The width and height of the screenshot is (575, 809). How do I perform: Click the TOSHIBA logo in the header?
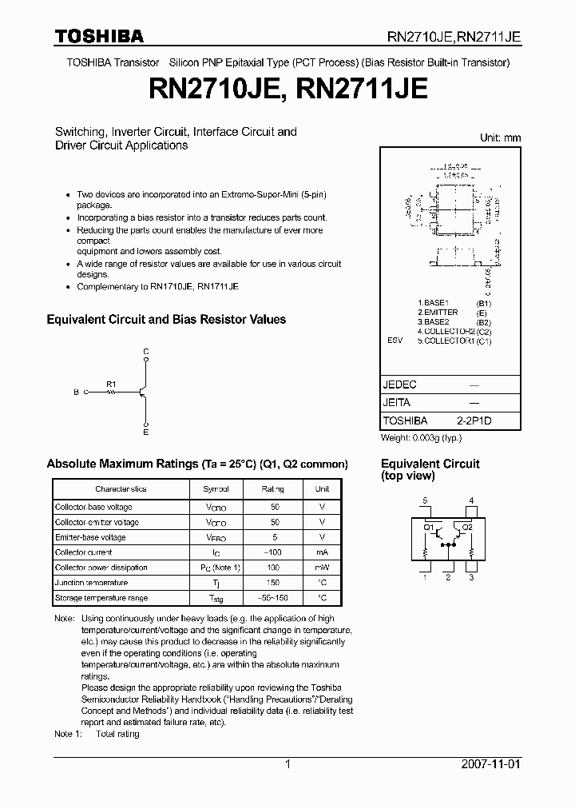[x=99, y=35]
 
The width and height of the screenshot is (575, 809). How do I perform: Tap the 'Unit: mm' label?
[x=500, y=137]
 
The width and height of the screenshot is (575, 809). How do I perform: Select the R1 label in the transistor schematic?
[x=111, y=383]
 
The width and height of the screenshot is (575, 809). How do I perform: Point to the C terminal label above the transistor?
[x=145, y=352]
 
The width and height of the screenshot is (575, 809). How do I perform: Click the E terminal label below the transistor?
[x=145, y=432]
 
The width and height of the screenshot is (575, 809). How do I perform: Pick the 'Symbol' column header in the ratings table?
[x=216, y=488]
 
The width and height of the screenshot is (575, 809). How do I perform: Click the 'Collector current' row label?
[x=84, y=552]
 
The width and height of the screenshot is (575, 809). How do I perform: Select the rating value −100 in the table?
[x=273, y=552]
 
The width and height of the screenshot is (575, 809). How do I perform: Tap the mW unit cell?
[x=322, y=568]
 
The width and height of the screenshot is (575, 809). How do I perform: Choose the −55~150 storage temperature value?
[x=273, y=598]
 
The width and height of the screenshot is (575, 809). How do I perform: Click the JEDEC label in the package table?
[x=400, y=385]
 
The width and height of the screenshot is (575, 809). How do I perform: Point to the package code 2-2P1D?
[x=474, y=420]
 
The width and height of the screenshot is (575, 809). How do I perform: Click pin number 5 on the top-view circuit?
[x=426, y=501]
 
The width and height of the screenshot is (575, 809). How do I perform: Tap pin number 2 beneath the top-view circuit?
[x=449, y=577]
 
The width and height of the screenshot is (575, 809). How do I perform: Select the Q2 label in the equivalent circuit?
[x=467, y=528]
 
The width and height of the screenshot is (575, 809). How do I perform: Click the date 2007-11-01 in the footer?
[x=491, y=764]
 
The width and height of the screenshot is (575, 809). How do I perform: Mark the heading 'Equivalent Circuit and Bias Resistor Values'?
[x=166, y=320]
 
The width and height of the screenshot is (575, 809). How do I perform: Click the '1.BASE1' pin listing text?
[x=434, y=304]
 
